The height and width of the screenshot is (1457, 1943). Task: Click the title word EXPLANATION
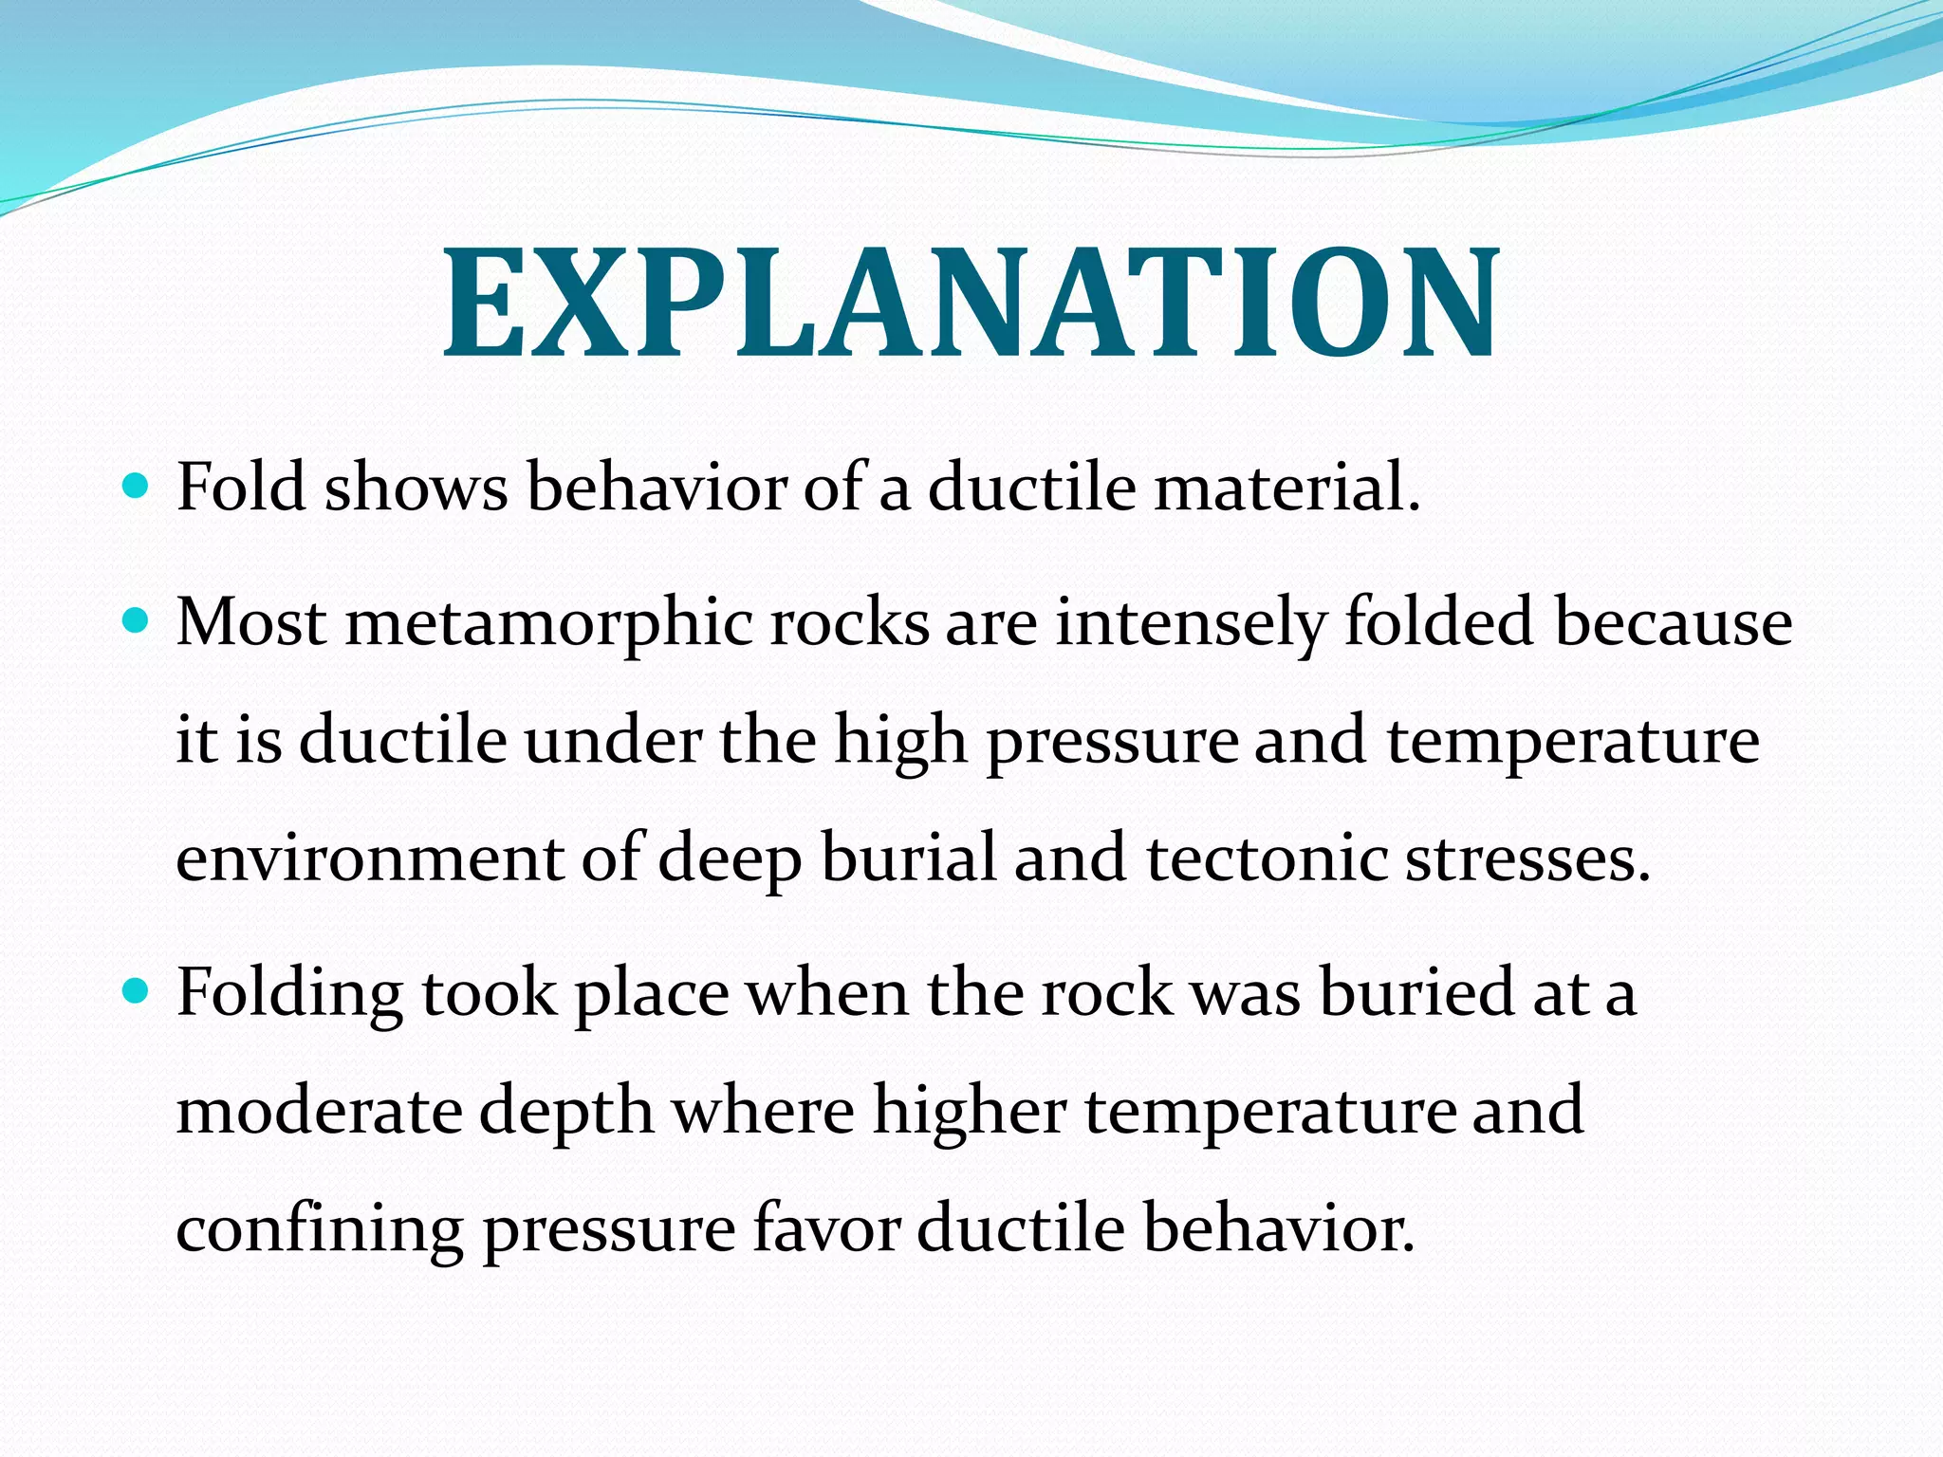point(971,304)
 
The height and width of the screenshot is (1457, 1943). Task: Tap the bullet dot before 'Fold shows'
point(138,488)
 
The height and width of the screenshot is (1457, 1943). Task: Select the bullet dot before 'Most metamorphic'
point(138,622)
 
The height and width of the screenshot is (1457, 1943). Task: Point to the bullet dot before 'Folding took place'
point(138,992)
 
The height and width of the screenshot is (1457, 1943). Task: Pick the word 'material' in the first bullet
point(1286,488)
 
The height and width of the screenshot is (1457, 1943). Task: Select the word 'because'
point(1674,624)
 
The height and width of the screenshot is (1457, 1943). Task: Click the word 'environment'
point(370,858)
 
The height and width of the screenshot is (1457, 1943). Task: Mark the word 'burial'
point(909,858)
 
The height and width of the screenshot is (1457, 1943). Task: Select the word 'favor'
point(826,1227)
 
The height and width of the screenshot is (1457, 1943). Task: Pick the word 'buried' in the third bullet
point(1416,992)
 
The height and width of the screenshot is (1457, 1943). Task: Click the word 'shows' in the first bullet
point(416,488)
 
